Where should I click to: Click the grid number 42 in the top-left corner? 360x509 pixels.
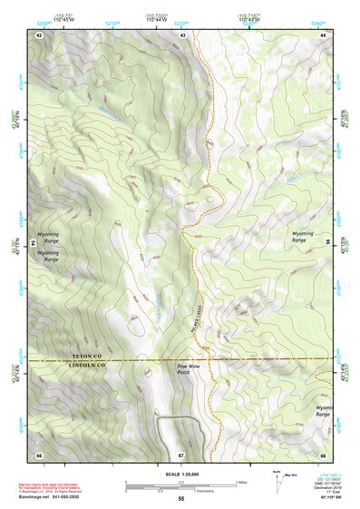point(39,34)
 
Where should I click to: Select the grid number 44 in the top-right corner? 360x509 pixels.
point(324,34)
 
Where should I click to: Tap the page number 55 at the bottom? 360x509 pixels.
point(180,500)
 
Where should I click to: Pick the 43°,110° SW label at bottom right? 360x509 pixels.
point(331,499)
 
